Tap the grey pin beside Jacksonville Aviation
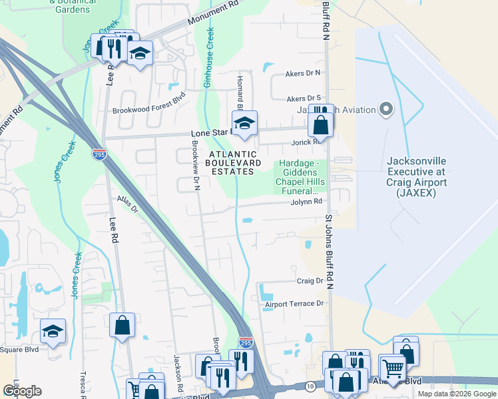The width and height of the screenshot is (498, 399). pyautogui.click(x=385, y=109)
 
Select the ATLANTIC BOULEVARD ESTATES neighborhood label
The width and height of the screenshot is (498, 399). pyautogui.click(x=230, y=163)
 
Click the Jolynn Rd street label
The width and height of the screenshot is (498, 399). pyautogui.click(x=306, y=201)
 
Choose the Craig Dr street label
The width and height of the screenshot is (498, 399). pyautogui.click(x=310, y=281)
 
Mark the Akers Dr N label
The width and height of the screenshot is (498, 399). pyautogui.click(x=302, y=72)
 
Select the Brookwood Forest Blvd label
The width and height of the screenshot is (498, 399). pyautogui.click(x=148, y=111)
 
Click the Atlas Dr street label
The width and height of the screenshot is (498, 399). pyautogui.click(x=126, y=204)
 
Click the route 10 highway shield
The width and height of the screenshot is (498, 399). pyautogui.click(x=311, y=386)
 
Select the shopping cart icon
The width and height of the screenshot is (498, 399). pyautogui.click(x=393, y=367)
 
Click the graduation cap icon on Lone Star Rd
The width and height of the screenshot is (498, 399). pyautogui.click(x=244, y=123)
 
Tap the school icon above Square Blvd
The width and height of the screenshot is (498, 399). pyautogui.click(x=53, y=331)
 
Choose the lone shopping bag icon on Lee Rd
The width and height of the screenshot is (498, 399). pyautogui.click(x=123, y=325)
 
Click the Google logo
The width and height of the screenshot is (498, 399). pyautogui.click(x=22, y=391)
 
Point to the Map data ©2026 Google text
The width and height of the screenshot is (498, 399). pyautogui.click(x=456, y=394)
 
